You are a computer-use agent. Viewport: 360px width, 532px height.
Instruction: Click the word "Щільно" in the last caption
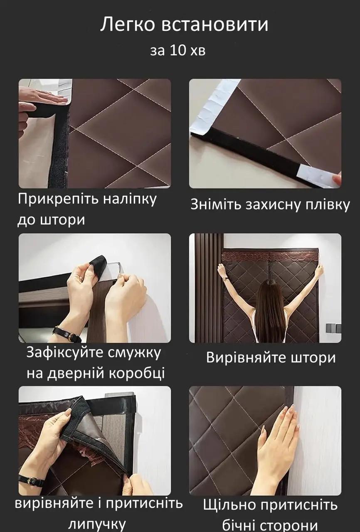[231, 505]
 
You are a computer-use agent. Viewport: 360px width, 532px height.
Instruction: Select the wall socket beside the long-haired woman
[332, 328]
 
